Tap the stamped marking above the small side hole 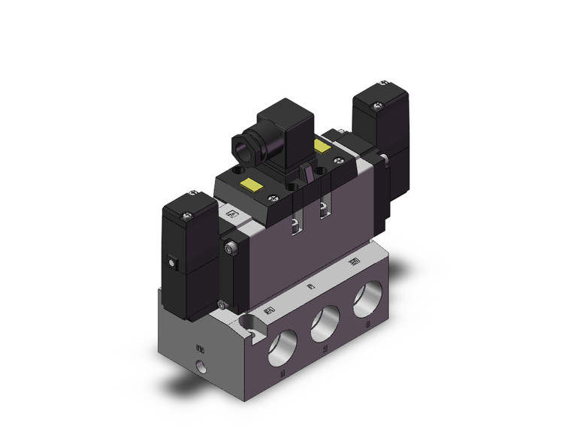tap(200, 348)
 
